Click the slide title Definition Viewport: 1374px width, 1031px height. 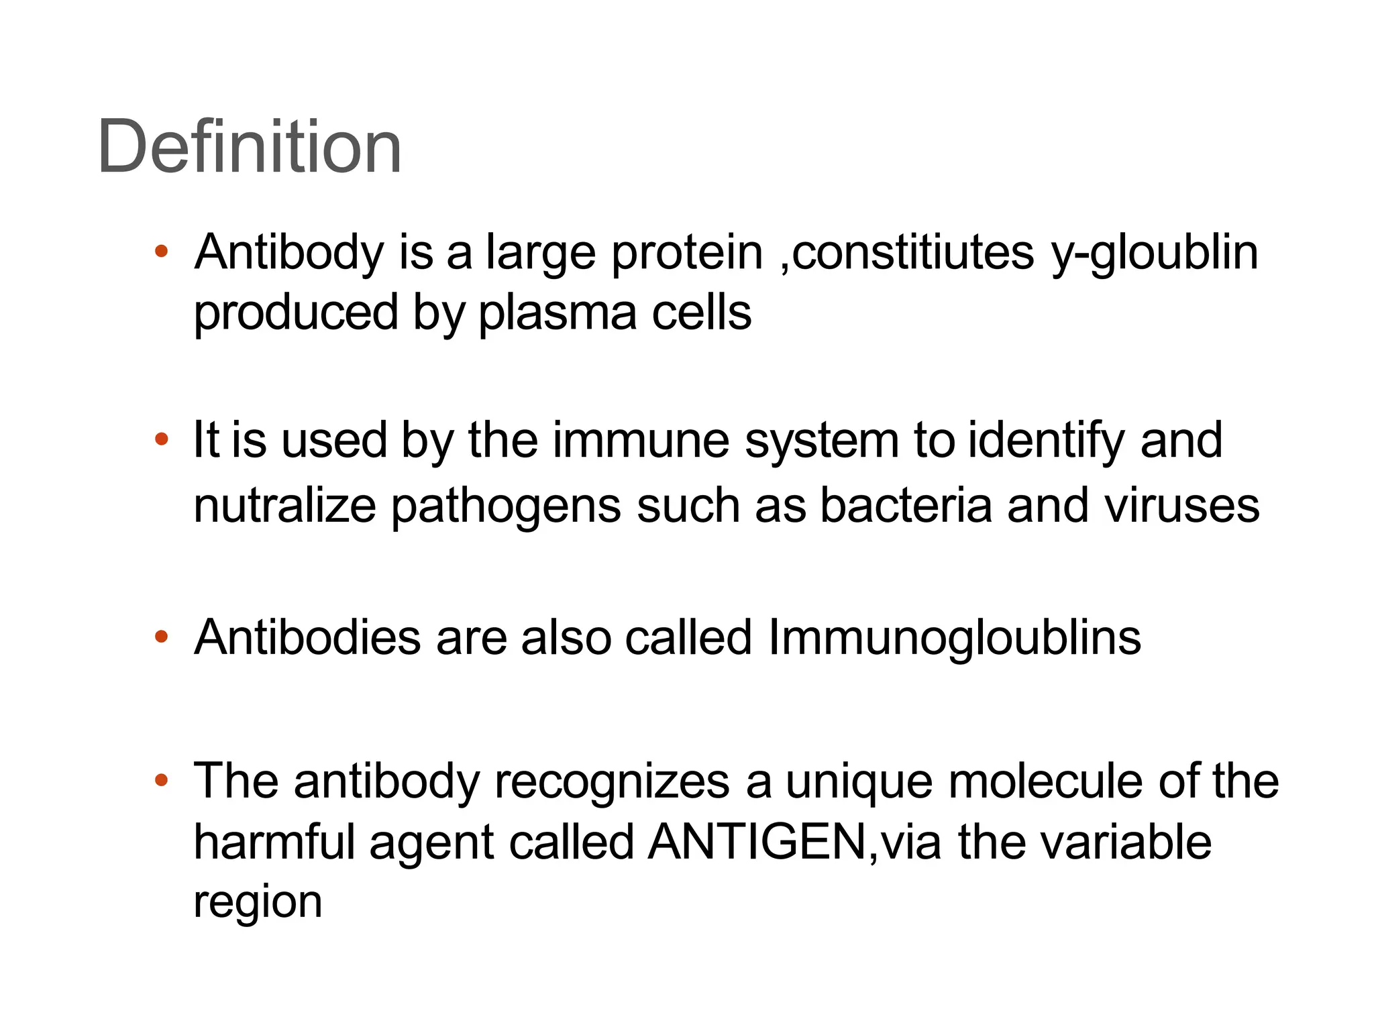point(250,146)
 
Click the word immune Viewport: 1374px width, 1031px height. point(641,441)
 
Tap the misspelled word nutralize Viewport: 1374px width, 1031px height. point(284,505)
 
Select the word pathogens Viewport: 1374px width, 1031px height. point(507,506)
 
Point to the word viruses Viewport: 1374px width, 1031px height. point(1182,505)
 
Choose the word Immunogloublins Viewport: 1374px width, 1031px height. point(954,637)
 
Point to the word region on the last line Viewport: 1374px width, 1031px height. point(258,903)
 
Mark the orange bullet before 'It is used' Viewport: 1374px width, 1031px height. point(161,440)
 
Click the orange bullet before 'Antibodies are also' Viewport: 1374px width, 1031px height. point(161,637)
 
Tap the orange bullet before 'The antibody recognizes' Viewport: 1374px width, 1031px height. point(161,780)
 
